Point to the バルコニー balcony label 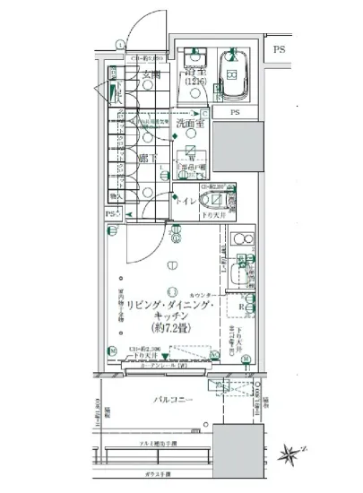coord(169,401)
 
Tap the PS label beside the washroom coord(235,113)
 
